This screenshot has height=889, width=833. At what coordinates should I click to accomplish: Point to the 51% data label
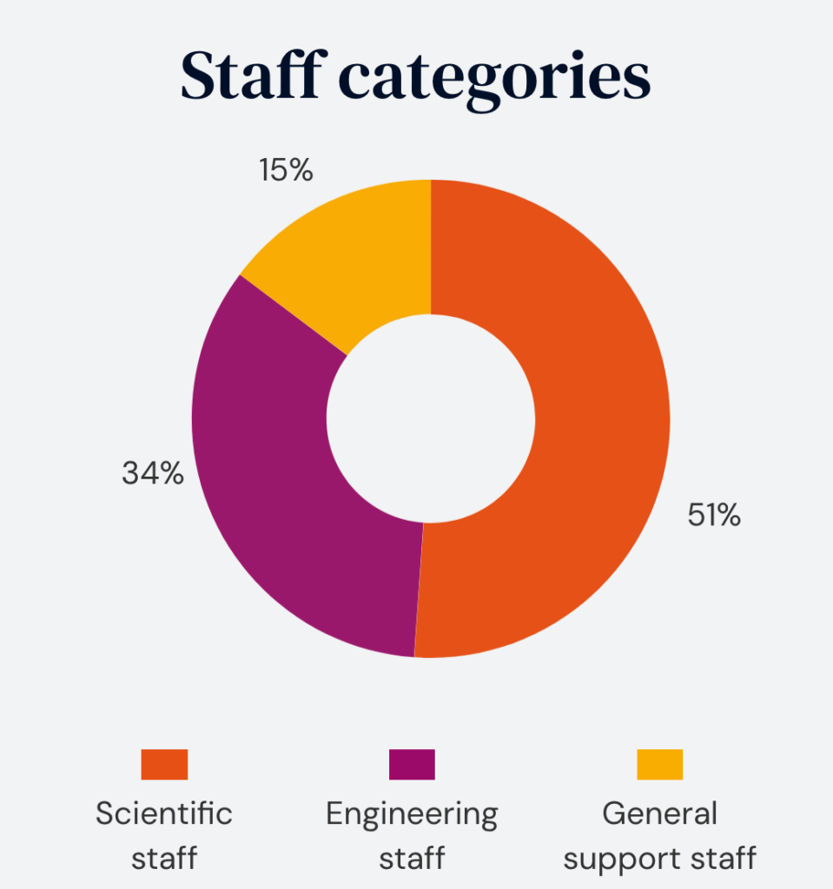pyautogui.click(x=714, y=516)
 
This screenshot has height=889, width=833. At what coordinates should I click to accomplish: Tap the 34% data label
pyautogui.click(x=153, y=473)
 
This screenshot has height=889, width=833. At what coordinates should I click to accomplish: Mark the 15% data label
pyautogui.click(x=285, y=170)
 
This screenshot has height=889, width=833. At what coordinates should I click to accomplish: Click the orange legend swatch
pyautogui.click(x=164, y=765)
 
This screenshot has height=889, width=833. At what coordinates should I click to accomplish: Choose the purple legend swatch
pyautogui.click(x=412, y=765)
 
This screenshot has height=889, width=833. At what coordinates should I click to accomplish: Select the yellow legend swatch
pyautogui.click(x=659, y=765)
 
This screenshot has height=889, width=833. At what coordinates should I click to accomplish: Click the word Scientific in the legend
pyautogui.click(x=164, y=814)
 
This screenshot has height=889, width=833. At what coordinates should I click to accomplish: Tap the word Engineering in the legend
pyautogui.click(x=412, y=814)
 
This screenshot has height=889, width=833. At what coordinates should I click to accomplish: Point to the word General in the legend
pyautogui.click(x=659, y=814)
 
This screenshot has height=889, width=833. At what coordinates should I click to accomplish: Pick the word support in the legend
pyautogui.click(x=618, y=859)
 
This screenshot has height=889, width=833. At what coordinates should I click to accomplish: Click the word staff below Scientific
pyautogui.click(x=164, y=858)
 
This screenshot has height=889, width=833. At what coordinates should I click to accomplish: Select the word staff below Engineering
pyautogui.click(x=412, y=858)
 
